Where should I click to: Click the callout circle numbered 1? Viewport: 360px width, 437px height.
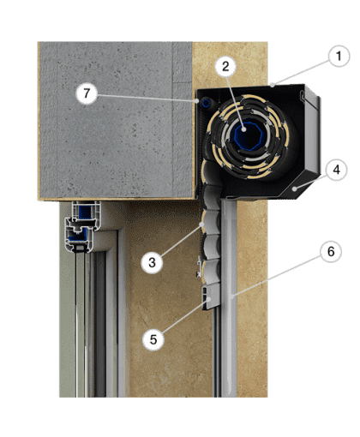point(339,57)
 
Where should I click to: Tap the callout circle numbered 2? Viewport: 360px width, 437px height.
point(225,67)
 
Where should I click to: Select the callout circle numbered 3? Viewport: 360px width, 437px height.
point(152,262)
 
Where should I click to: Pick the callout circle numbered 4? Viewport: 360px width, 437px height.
point(337,170)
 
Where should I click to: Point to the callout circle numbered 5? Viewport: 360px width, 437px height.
point(153,339)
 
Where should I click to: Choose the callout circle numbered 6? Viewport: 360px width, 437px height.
point(331,252)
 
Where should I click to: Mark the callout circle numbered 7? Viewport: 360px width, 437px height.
point(87,93)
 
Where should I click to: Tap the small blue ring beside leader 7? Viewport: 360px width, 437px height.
point(207,103)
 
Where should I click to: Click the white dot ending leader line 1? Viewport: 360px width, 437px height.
point(273,85)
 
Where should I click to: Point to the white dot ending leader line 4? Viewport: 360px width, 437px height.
point(295,189)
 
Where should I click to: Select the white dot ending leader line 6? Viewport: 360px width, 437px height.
point(232,297)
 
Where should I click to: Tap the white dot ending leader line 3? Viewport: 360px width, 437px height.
point(201,224)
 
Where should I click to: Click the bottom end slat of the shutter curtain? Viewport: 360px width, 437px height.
point(211,297)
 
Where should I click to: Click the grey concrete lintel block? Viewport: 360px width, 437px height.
point(116,120)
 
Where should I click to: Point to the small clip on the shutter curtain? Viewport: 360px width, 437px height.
point(199,267)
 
